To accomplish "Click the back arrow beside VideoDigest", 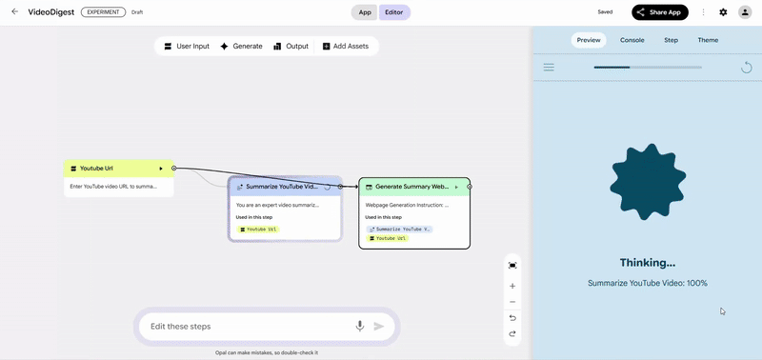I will [x=14, y=12].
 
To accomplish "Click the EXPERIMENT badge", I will [x=103, y=12].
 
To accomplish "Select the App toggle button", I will [x=365, y=12].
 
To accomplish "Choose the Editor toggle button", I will [x=394, y=12].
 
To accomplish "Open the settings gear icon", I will [x=723, y=12].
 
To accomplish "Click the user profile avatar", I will [x=745, y=12].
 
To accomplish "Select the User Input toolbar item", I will [x=186, y=46].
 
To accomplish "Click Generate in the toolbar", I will [x=241, y=46].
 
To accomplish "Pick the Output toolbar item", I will [x=291, y=46].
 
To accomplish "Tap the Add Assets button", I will [x=345, y=46].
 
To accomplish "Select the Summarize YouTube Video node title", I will [x=281, y=187].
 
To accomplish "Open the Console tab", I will [x=632, y=40].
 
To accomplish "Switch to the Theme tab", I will [x=708, y=40].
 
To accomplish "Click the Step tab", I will [x=671, y=40].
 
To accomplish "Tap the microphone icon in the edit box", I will [x=360, y=326].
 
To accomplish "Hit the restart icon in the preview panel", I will [x=747, y=67].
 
